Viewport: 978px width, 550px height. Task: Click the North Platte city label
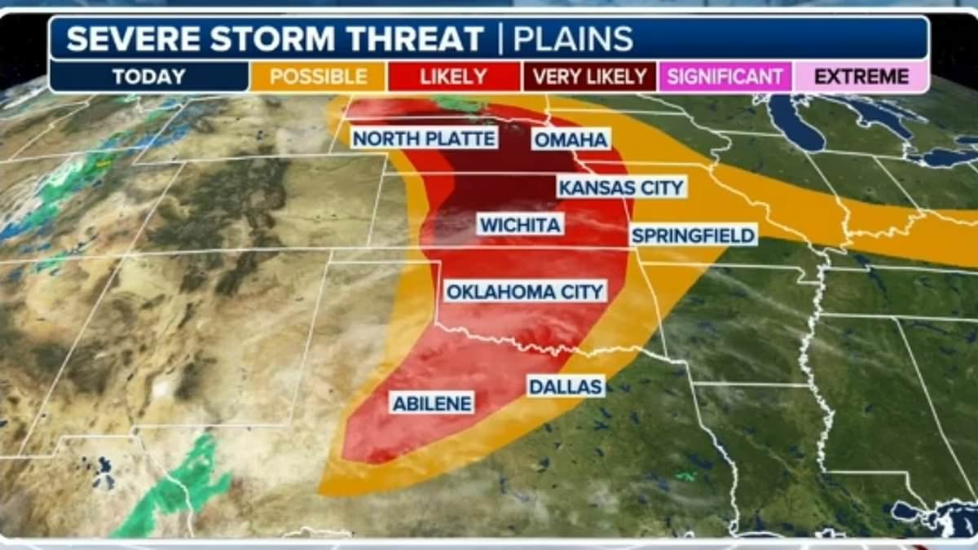pos(424,139)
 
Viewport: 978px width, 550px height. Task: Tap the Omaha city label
pos(570,139)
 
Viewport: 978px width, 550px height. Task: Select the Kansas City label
pos(621,187)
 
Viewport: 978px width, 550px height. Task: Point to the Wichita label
pos(520,225)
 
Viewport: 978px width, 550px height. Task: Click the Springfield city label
pos(694,235)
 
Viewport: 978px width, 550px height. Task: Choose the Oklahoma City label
pos(525,291)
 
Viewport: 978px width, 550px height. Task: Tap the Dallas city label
pos(566,385)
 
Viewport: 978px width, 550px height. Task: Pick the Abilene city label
pos(433,403)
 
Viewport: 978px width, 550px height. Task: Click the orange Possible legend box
pos(318,77)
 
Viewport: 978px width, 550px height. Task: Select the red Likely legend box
pos(453,77)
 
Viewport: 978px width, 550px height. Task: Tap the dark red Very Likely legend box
pos(589,77)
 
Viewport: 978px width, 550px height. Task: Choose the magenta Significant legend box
pos(725,77)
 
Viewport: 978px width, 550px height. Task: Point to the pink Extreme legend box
pos(861,77)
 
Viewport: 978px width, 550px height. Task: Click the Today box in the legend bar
pos(149,77)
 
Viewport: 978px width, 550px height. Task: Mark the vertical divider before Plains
pos(499,39)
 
